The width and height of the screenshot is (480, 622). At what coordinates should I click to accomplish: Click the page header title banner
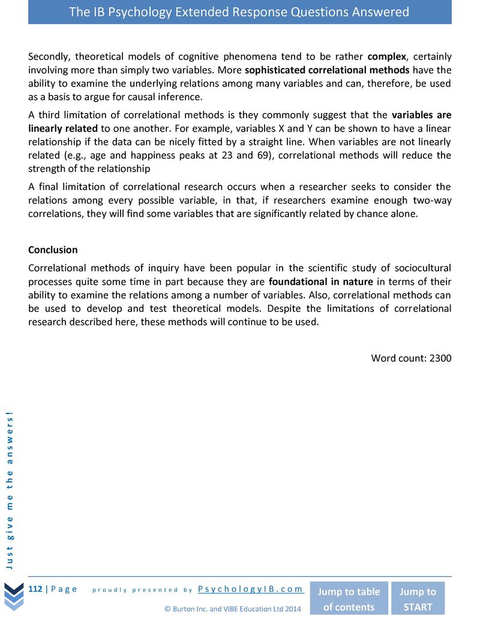239,12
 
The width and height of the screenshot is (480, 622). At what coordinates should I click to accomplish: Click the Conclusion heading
53,249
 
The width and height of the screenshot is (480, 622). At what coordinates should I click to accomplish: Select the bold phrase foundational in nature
321,282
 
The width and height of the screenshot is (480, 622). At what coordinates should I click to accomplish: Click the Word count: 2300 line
411,358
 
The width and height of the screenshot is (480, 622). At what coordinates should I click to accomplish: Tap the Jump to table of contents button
349,599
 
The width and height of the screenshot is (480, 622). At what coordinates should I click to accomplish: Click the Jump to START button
418,599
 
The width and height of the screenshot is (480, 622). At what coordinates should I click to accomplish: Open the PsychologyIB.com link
251,589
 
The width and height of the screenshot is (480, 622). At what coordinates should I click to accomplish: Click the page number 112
35,589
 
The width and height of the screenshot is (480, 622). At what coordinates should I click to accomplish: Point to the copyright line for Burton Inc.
233,609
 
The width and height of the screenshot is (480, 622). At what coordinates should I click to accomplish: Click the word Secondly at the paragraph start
49,57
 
